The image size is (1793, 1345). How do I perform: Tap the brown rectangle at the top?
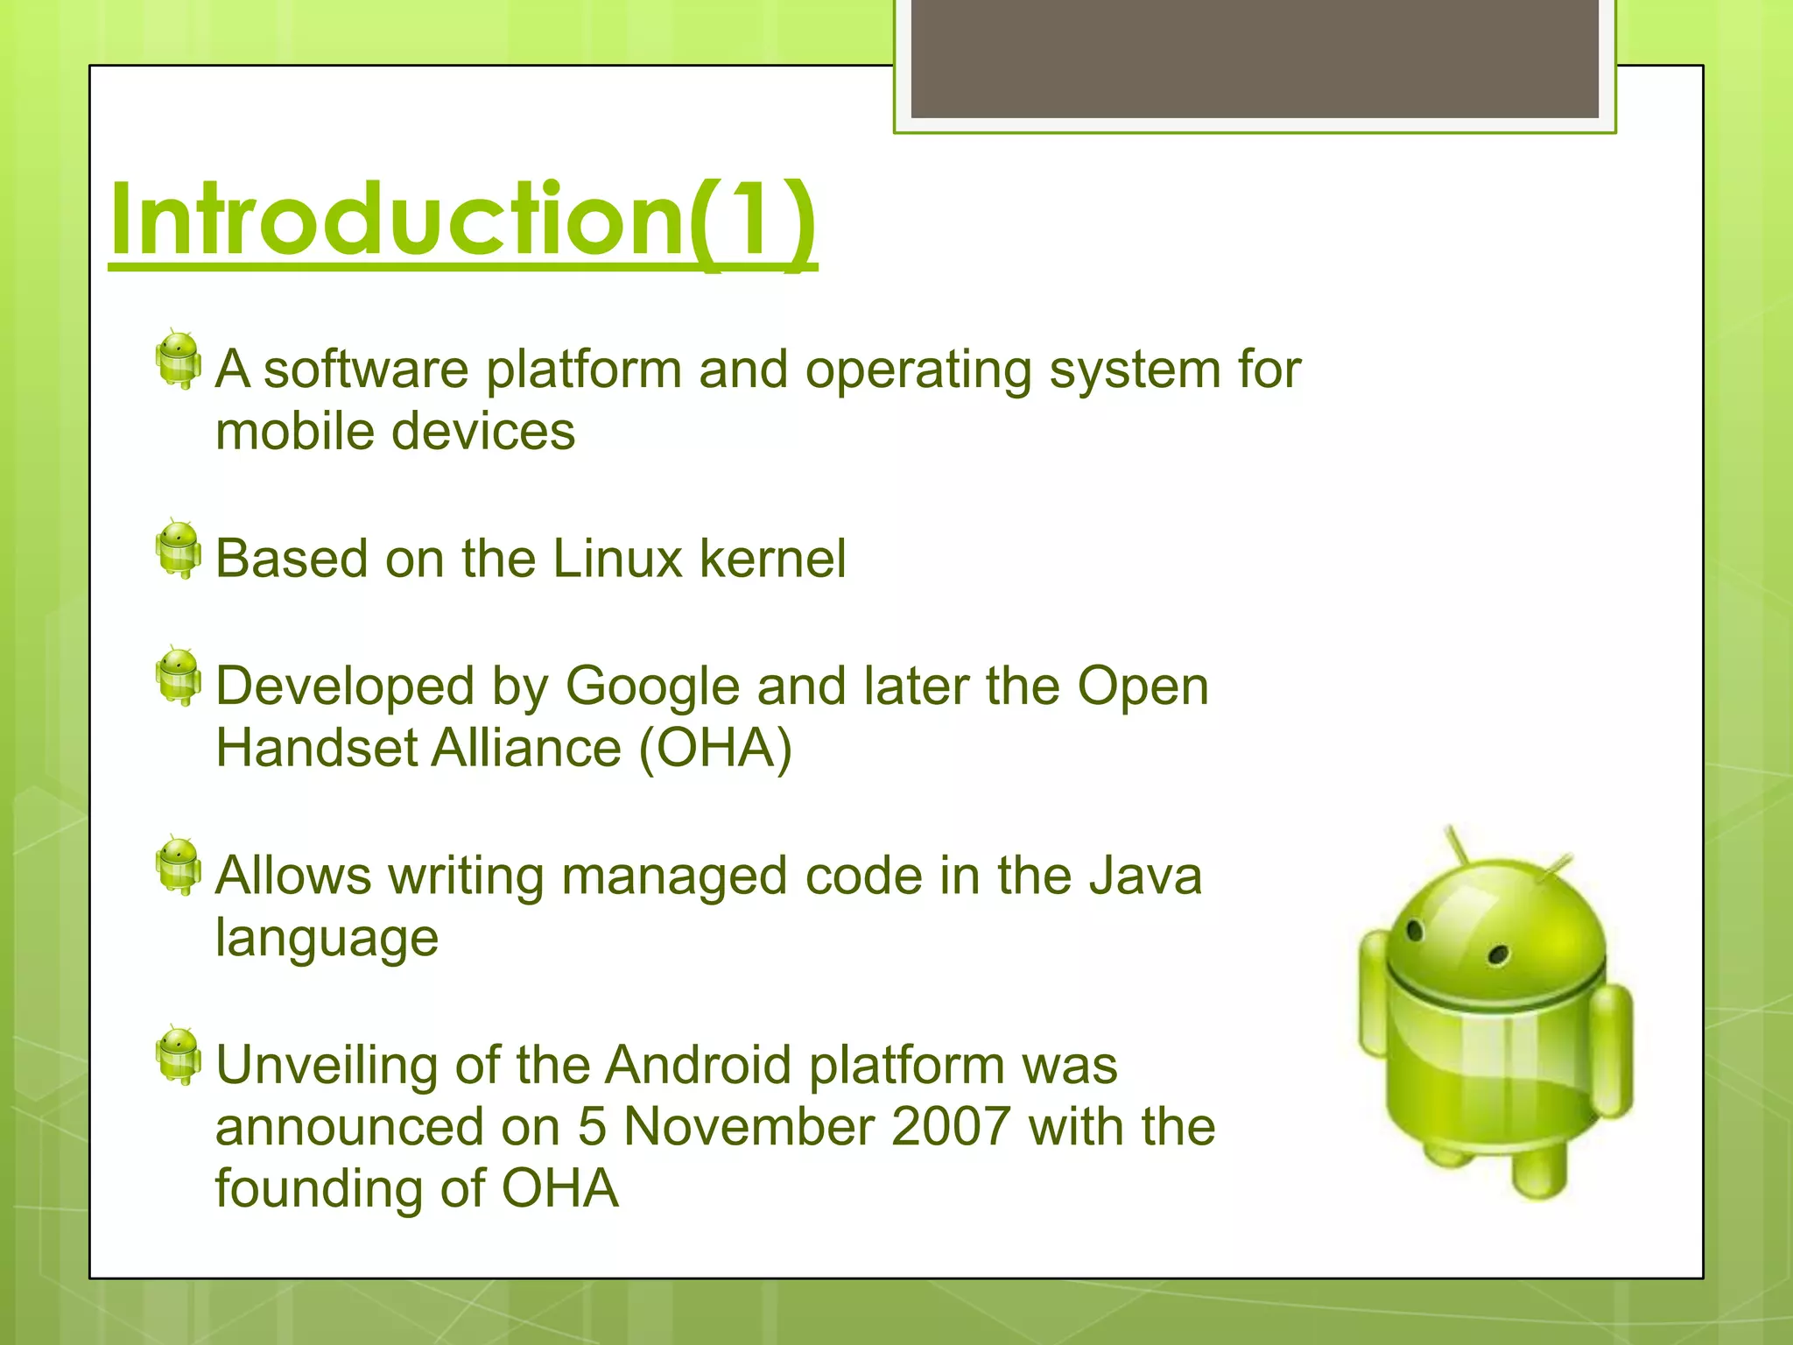[1254, 58]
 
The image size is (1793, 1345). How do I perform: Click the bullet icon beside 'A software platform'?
[179, 360]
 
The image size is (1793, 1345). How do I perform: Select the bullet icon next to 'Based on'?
[179, 549]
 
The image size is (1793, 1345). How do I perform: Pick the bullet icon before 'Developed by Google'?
[179, 677]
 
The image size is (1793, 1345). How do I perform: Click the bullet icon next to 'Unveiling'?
[179, 1055]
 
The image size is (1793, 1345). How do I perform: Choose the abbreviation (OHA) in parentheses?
[715, 749]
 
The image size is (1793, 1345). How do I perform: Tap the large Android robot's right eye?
[1498, 954]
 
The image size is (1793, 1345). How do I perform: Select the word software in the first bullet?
[366, 370]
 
